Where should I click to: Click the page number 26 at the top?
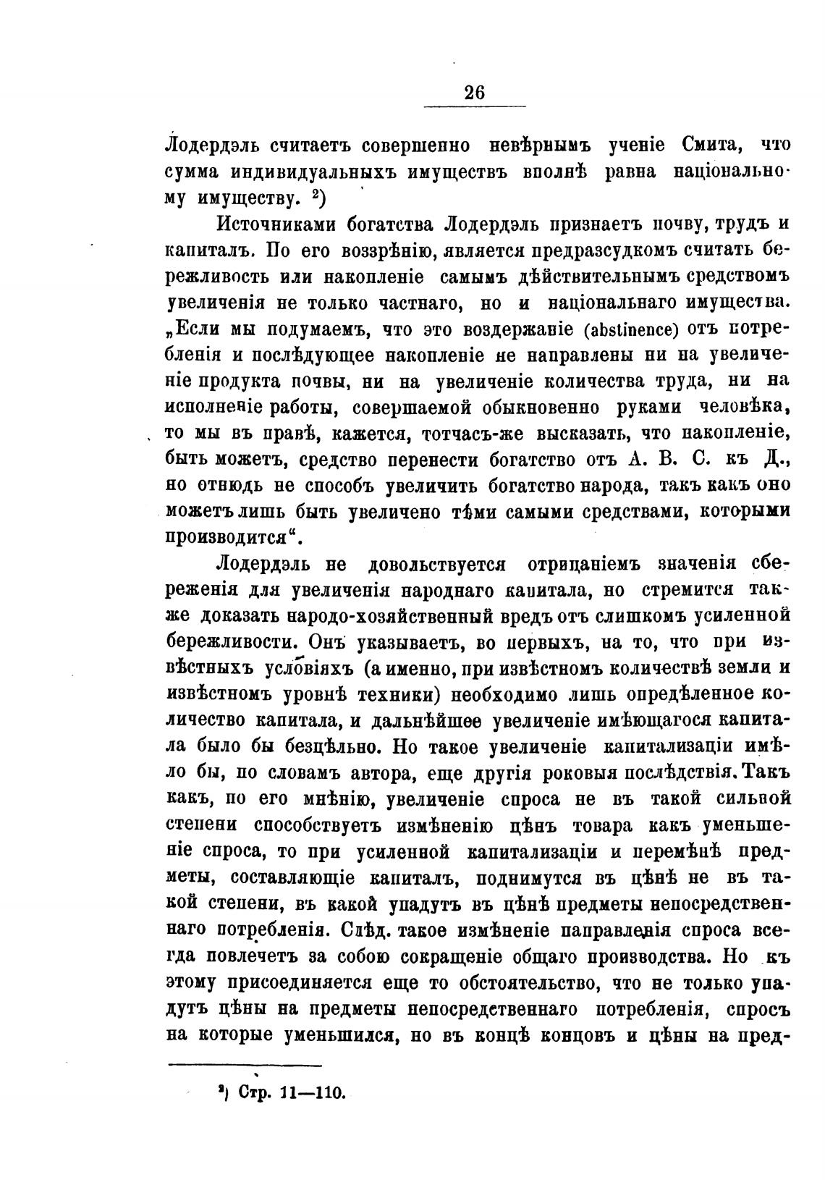475,93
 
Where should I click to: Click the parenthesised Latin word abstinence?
629,330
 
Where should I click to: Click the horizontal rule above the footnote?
245,1065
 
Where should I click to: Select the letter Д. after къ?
776,460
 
